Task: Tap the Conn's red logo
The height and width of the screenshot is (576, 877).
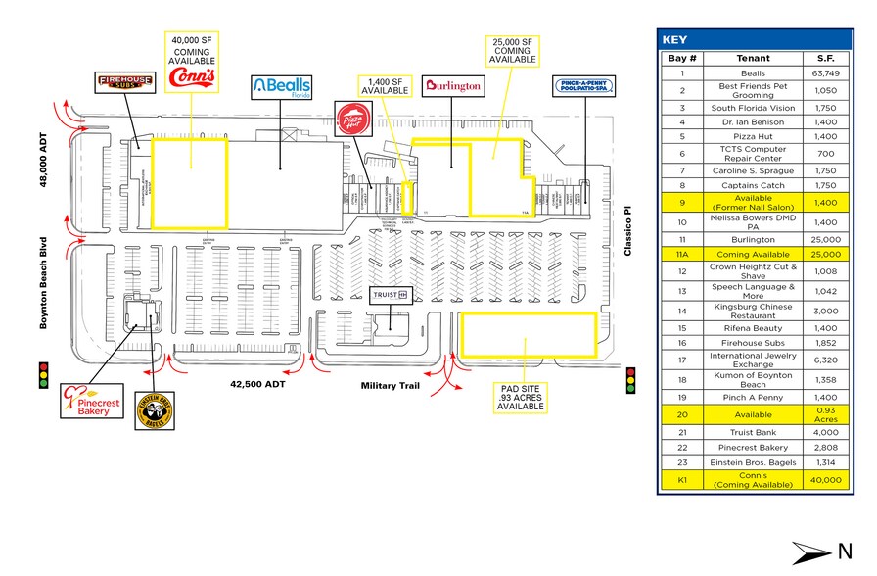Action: click(193, 77)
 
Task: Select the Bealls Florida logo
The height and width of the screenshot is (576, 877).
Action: click(282, 86)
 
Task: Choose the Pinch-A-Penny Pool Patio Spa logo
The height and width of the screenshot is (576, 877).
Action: click(584, 86)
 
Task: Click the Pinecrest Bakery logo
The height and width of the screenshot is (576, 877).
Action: click(89, 401)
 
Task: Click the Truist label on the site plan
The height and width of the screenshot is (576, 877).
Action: click(389, 294)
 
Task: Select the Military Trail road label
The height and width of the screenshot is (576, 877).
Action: click(390, 385)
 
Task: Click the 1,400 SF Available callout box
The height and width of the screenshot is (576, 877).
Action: click(387, 85)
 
